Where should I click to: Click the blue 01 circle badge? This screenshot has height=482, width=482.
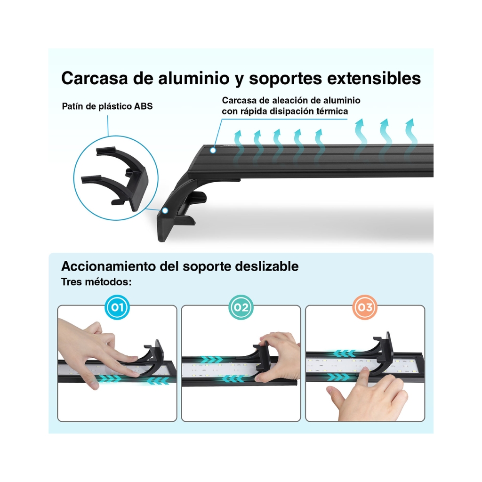click(x=117, y=307)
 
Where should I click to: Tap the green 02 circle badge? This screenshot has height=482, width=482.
click(x=241, y=307)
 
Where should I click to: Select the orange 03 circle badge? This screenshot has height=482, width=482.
click(x=365, y=307)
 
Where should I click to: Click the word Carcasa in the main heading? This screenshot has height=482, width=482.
click(x=94, y=78)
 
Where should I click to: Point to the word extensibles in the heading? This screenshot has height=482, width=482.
click(x=374, y=78)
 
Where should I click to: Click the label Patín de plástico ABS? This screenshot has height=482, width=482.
click(x=107, y=106)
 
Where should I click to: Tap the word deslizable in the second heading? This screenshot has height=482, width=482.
click(x=266, y=266)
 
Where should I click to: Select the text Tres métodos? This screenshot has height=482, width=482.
click(x=96, y=282)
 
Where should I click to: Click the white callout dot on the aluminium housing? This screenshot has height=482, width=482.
click(x=213, y=150)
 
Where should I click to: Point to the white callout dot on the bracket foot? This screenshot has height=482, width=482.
click(x=165, y=210)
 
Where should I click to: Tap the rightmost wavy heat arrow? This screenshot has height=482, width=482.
click(x=411, y=137)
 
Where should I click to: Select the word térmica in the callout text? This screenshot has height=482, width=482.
click(x=333, y=111)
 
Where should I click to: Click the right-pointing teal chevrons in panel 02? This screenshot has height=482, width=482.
click(x=211, y=359)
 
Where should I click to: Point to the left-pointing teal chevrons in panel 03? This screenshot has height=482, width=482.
click(x=345, y=353)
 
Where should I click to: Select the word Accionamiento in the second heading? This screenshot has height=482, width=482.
click(x=109, y=266)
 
